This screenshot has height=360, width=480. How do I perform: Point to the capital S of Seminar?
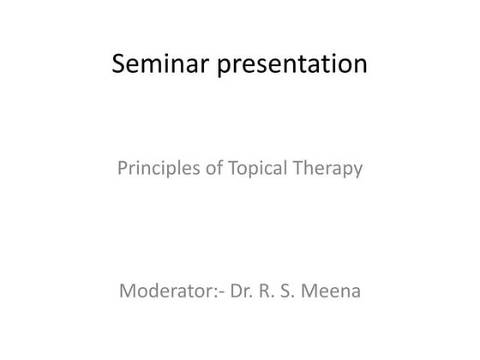coord(121,64)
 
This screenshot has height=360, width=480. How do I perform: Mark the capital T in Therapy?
coord(298,169)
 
